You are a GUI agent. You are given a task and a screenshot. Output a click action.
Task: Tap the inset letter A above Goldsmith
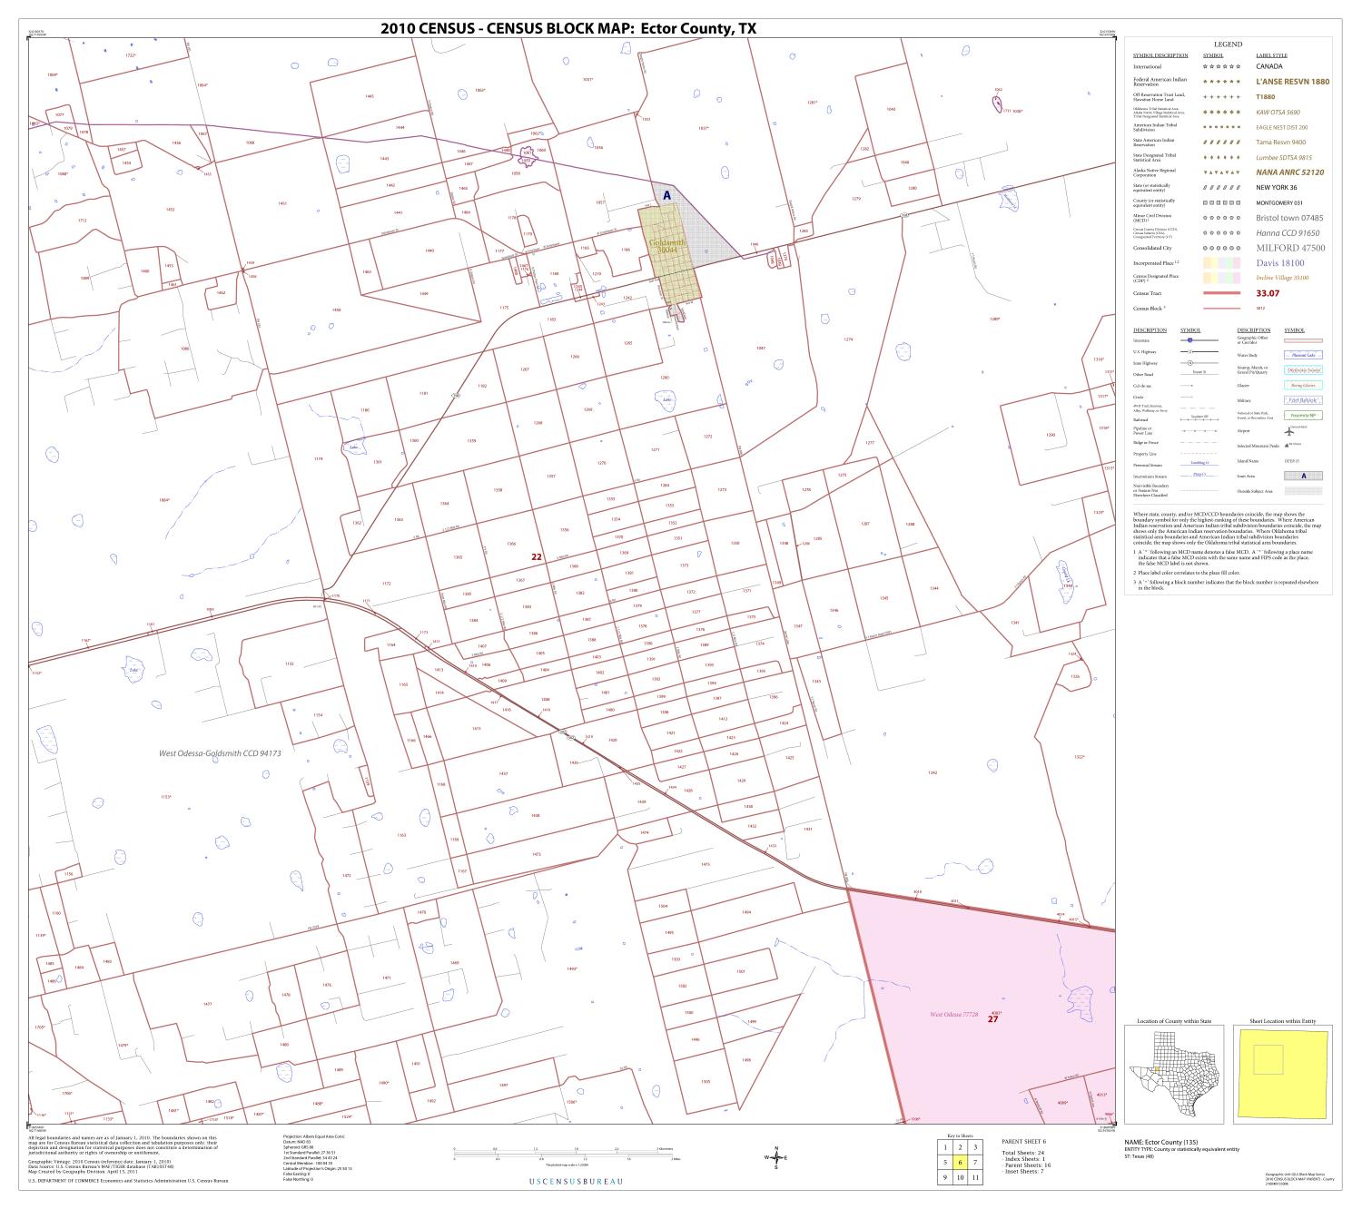coord(666,195)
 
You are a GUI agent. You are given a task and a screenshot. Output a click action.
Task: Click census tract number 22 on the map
coord(537,556)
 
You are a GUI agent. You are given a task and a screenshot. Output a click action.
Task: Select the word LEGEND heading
coord(1228,44)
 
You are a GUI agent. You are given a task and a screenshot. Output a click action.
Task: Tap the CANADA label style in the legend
coord(1269,66)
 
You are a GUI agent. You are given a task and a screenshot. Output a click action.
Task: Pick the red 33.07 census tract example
coord(1268,293)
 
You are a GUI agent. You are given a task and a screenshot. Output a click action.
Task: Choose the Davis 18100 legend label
coord(1279,263)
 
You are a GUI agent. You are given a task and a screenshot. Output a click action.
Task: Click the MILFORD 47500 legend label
coord(1290,248)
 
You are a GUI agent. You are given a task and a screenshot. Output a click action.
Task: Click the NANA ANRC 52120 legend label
coord(1289,172)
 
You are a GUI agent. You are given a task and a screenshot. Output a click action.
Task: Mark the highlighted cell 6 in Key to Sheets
coord(960,1162)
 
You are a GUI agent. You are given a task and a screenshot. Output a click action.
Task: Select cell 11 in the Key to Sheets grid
coord(974,1177)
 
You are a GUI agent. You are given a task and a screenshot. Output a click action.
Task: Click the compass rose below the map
coord(775,1157)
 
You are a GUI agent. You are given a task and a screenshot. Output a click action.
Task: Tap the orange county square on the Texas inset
coord(1160,1071)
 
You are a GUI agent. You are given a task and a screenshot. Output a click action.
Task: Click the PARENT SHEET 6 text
coord(1023,1141)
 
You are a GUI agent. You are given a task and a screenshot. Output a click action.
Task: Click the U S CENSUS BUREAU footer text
coord(576,1181)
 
